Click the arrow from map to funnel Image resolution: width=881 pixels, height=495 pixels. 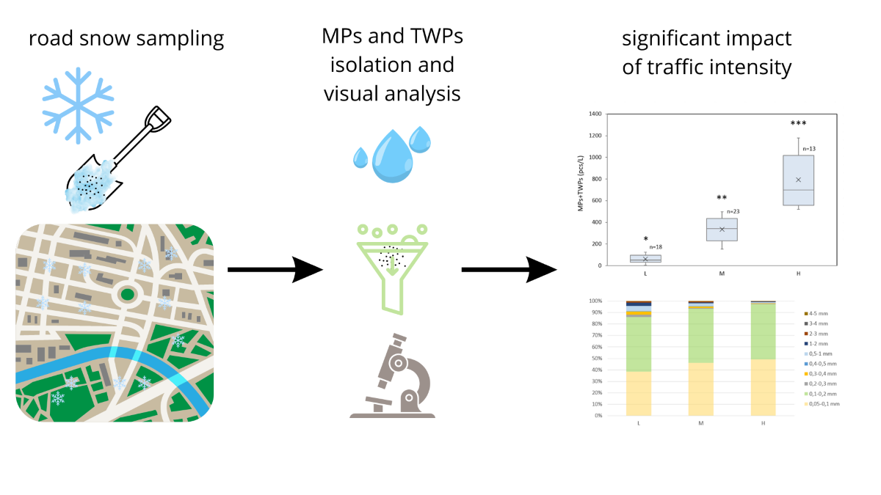(x=275, y=269)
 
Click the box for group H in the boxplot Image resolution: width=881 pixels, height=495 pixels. (x=798, y=180)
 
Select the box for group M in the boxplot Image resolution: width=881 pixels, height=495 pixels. (x=722, y=229)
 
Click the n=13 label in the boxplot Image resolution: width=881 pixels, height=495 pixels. (x=808, y=149)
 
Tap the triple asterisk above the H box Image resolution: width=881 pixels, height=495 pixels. (x=798, y=124)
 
